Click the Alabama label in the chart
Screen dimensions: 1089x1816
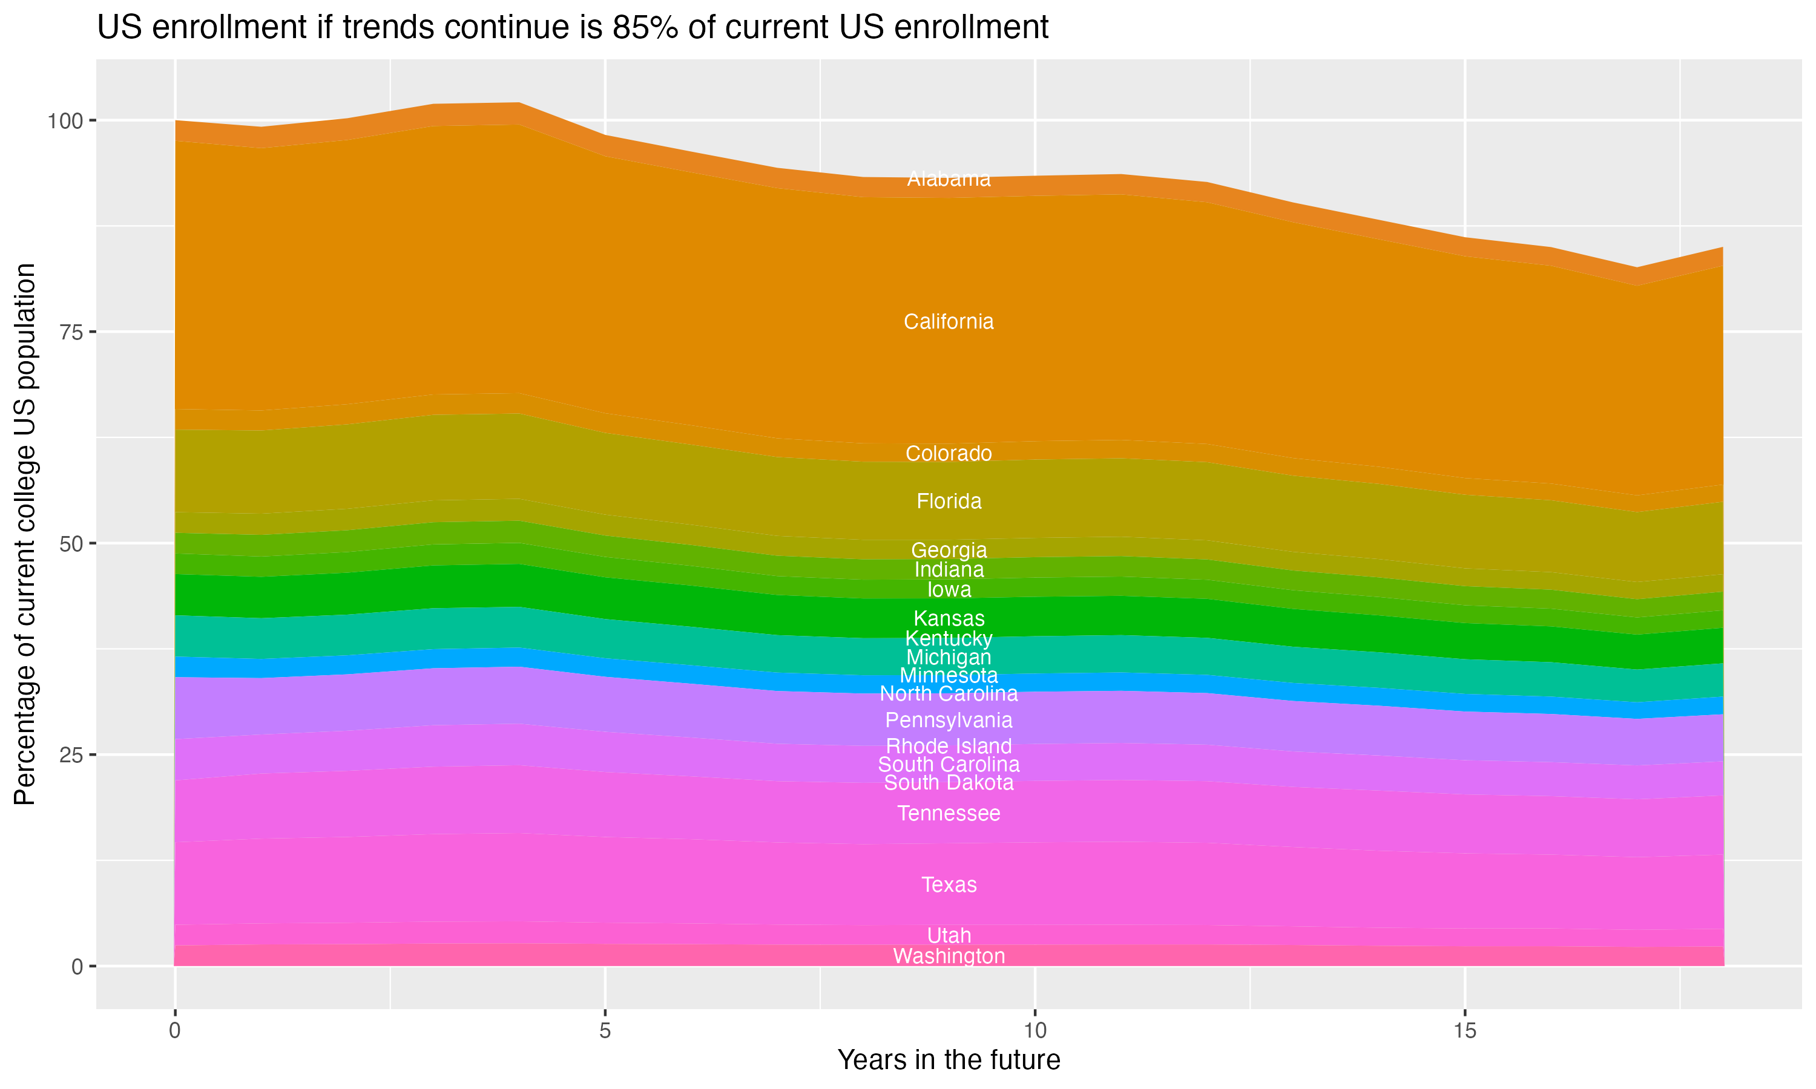949,179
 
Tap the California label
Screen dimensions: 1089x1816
949,322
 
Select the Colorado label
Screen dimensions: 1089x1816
949,454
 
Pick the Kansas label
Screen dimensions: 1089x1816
949,619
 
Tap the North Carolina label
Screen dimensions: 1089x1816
949,693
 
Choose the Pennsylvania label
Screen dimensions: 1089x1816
949,721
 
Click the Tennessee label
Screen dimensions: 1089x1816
949,814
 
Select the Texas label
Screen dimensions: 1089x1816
949,885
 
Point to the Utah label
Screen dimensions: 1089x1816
949,935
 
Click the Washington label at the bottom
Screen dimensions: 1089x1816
949,956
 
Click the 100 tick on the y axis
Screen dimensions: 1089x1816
66,121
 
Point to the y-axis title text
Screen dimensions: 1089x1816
25,534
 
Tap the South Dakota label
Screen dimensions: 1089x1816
949,783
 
